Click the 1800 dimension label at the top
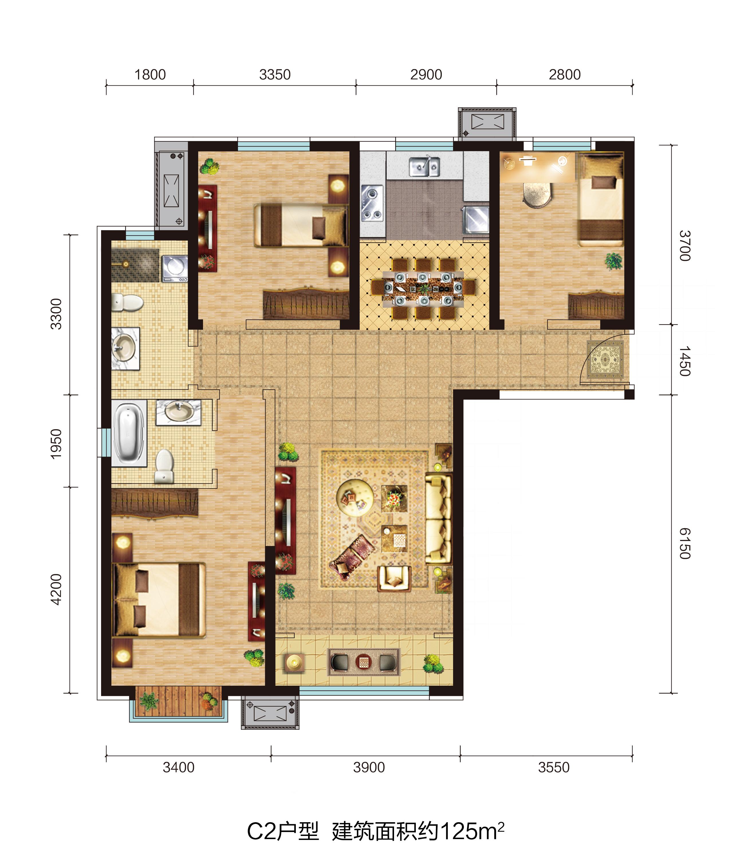(150, 75)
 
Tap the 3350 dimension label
(275, 75)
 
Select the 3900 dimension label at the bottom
(369, 768)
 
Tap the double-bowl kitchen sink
(424, 167)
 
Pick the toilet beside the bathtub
(164, 466)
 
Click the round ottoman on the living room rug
(355, 497)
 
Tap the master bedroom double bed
(159, 600)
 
